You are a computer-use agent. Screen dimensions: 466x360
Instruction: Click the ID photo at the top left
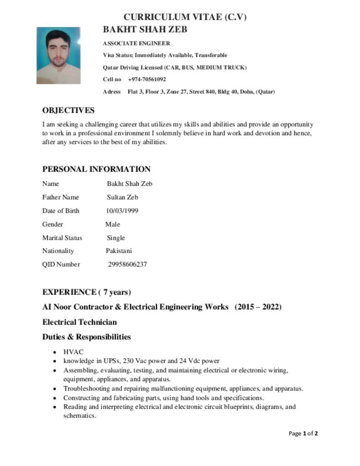[x=58, y=56]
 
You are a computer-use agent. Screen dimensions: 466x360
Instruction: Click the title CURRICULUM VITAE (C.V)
[x=185, y=17]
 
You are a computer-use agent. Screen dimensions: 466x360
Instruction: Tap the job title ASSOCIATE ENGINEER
[x=137, y=44]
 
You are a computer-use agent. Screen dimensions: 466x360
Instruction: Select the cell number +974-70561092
[x=147, y=79]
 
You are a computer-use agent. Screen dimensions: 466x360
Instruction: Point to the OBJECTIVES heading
[x=68, y=111]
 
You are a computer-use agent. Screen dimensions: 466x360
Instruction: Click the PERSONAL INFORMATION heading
[x=96, y=169]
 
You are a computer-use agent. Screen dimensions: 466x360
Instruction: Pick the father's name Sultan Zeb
[x=122, y=197]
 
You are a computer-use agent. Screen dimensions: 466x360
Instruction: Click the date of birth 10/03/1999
[x=122, y=211]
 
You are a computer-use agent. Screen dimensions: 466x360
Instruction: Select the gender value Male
[x=112, y=224]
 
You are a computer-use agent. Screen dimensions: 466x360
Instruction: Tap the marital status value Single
[x=116, y=238]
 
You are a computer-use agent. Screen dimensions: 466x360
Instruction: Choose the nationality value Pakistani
[x=119, y=251]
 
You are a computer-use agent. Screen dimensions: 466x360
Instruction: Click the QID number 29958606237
[x=127, y=264]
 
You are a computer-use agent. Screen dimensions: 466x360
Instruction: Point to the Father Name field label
[x=61, y=197]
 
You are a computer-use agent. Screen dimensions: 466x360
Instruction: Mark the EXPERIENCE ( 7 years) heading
[x=86, y=292]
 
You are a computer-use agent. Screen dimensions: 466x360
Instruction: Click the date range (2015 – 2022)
[x=258, y=307]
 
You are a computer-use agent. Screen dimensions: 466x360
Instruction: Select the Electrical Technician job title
[x=80, y=322]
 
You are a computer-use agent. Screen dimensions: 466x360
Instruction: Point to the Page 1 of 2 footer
[x=303, y=433]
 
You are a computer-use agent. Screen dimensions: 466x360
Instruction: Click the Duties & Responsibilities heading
[x=86, y=337]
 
